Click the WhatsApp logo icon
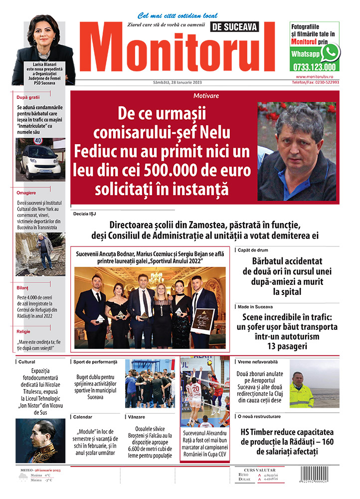point(330,52)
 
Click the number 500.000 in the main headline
point(170,171)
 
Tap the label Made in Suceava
point(256,306)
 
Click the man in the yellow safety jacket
point(301,391)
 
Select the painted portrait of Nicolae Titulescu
point(40,441)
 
